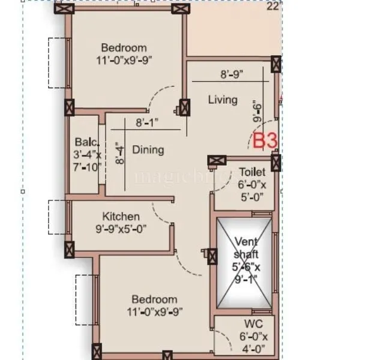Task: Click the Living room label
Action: click(223, 99)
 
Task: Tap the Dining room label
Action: click(148, 149)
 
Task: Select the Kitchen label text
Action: click(121, 217)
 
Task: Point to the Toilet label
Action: click(252, 172)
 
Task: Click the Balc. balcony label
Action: click(83, 142)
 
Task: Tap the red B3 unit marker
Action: click(265, 142)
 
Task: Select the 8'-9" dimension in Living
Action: click(231, 75)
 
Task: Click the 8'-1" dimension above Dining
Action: click(146, 122)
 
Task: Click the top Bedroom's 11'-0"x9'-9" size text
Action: click(123, 60)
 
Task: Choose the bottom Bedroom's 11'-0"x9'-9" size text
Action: click(155, 311)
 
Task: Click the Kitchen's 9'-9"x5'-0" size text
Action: click(121, 229)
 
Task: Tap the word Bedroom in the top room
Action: click(124, 48)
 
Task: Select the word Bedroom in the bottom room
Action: click(155, 299)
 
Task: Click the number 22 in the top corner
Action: click(273, 7)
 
